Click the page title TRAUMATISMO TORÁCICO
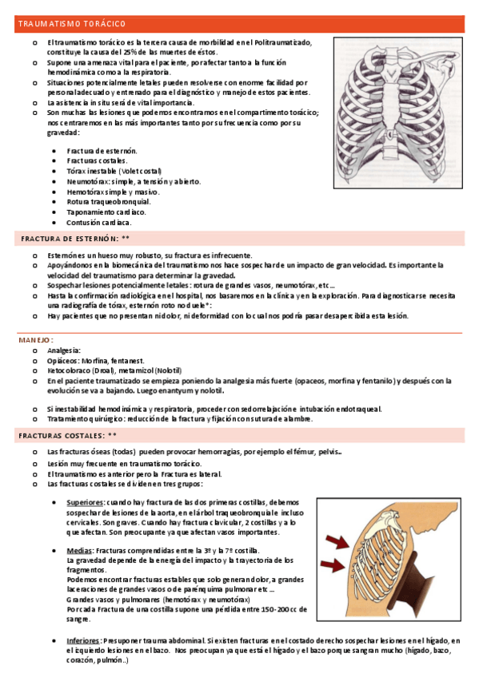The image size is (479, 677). (72, 25)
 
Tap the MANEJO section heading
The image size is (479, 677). (36, 340)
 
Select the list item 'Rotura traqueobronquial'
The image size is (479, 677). (109, 202)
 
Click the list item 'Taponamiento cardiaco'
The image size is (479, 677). (106, 212)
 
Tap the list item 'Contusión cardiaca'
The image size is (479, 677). (100, 223)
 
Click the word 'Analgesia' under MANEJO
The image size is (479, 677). (64, 350)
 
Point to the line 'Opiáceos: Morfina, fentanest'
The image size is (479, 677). (100, 361)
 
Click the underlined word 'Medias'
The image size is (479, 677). (78, 551)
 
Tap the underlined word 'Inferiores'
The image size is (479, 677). (83, 640)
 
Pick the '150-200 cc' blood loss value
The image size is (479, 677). (273, 609)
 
